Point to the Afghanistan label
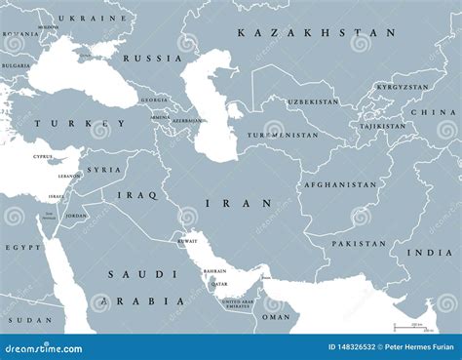(x=339, y=184)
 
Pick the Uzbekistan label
(x=313, y=101)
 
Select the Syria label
(x=104, y=170)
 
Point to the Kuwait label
(x=187, y=240)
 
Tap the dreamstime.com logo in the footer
(x=45, y=347)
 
